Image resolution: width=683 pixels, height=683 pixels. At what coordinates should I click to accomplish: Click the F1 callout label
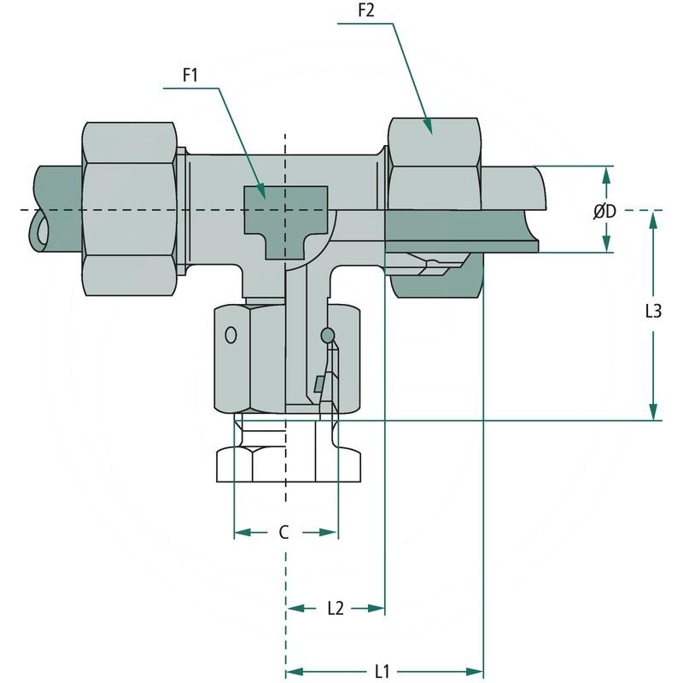190,75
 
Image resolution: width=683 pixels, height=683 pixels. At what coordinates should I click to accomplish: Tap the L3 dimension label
653,312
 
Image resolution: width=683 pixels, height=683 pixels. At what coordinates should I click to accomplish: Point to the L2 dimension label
335,608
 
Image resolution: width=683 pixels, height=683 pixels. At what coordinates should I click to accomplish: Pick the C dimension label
284,533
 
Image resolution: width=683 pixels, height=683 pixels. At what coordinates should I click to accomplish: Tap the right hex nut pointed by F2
434,162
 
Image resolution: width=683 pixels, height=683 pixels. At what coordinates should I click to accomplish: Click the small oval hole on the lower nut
231,334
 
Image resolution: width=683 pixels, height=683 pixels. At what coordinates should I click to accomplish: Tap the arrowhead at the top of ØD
606,173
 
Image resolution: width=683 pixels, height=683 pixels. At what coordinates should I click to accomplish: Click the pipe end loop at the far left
39,231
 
